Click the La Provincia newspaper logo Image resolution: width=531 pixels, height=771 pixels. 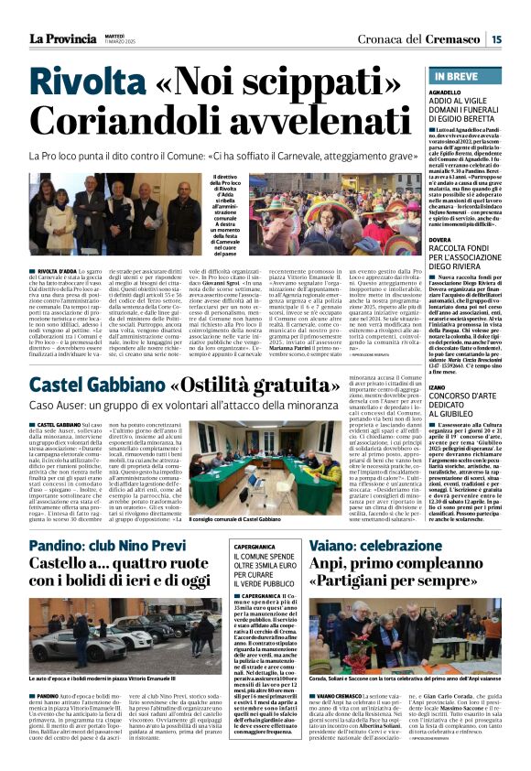tap(63, 38)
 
